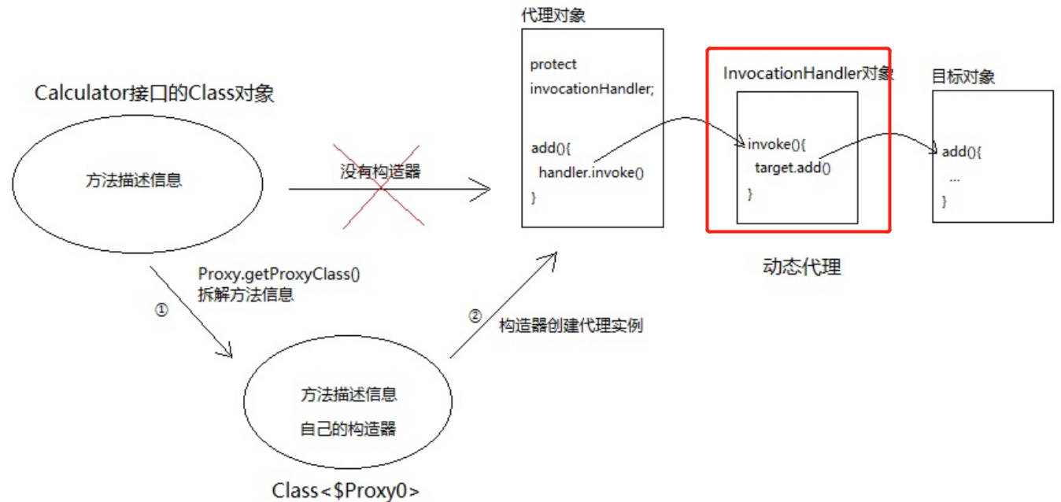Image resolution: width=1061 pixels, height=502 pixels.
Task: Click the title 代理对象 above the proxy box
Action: pyautogui.click(x=553, y=16)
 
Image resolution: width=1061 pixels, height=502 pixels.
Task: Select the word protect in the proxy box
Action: pyautogui.click(x=553, y=65)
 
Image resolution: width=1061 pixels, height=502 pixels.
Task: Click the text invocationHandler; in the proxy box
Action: pyautogui.click(x=592, y=89)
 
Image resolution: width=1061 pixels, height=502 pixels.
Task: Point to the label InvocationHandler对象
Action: pyautogui.click(x=808, y=74)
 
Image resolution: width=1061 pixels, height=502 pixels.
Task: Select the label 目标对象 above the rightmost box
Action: pyautogui.click(x=963, y=76)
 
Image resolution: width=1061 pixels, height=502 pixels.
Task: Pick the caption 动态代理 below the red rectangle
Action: pyautogui.click(x=802, y=268)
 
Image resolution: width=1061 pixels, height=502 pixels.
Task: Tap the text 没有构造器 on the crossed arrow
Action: pyautogui.click(x=380, y=171)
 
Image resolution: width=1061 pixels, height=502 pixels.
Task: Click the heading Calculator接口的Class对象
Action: pyautogui.click(x=155, y=94)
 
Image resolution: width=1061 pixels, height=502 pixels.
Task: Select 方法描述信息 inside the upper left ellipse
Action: pyautogui.click(x=134, y=180)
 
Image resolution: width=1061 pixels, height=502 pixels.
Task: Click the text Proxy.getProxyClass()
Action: pyautogui.click(x=279, y=275)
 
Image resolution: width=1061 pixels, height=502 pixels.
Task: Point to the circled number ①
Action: pyautogui.click(x=161, y=310)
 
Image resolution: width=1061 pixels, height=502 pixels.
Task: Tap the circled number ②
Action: pyautogui.click(x=474, y=316)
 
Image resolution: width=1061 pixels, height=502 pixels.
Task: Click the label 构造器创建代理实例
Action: pyautogui.click(x=571, y=325)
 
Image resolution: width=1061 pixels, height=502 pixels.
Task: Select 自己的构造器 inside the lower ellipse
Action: pyautogui.click(x=348, y=429)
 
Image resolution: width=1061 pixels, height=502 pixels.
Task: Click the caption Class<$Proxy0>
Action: pyautogui.click(x=346, y=491)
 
